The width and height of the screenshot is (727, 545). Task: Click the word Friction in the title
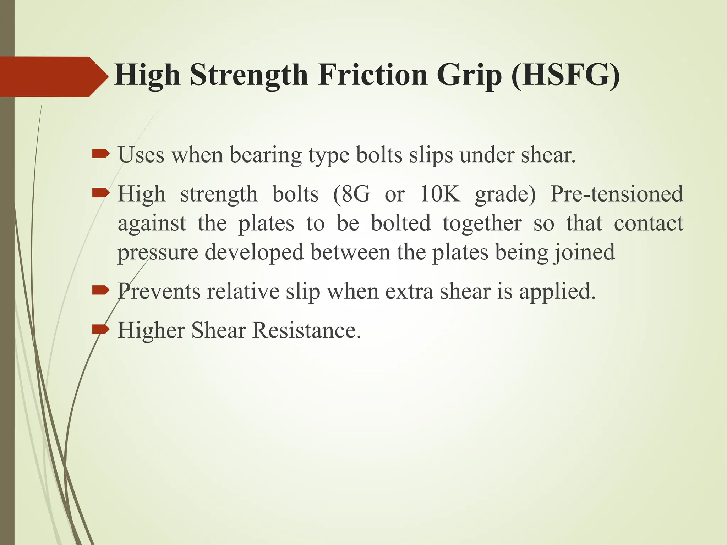372,75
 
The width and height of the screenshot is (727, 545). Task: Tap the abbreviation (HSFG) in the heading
565,76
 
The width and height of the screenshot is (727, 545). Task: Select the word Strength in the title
248,75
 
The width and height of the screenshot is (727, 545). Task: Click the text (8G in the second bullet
351,194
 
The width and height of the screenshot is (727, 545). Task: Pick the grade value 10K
439,194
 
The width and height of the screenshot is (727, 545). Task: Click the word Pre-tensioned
616,194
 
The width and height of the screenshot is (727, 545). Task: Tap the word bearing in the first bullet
266,155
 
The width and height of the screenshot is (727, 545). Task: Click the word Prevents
159,291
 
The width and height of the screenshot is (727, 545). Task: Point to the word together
482,224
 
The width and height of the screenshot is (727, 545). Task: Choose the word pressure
158,253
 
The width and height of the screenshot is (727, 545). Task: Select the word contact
648,224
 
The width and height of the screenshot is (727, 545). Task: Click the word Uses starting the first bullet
141,155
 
